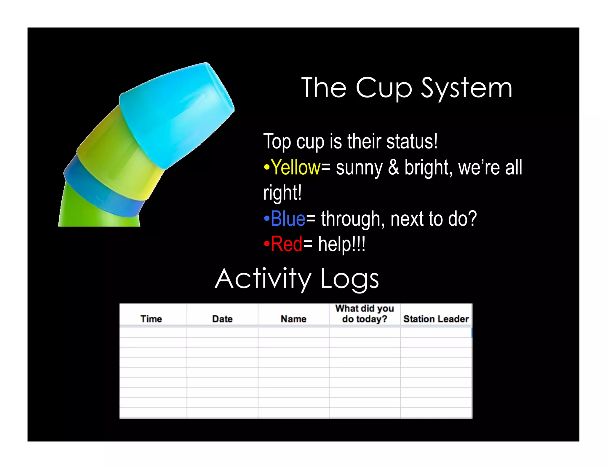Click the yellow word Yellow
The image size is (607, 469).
[x=296, y=167]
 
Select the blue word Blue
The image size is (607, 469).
[x=288, y=219]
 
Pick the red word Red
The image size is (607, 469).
[x=286, y=244]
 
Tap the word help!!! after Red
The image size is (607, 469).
[x=342, y=245]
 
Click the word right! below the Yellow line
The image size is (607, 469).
[x=282, y=193]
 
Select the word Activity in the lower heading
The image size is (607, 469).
[x=263, y=279]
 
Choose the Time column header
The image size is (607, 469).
[x=151, y=319]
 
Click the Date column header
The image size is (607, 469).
[x=222, y=319]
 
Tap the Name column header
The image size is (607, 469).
[x=293, y=319]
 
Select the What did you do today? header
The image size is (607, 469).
[x=365, y=314]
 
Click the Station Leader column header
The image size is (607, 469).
[x=436, y=319]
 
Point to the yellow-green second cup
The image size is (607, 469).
[x=119, y=157]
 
